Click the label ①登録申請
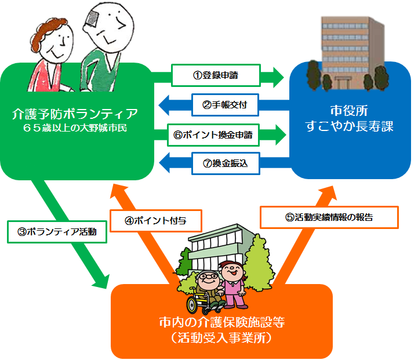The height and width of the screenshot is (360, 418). [215, 75]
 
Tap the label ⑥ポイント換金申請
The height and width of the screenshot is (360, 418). [215, 134]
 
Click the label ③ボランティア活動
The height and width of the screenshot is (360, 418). [57, 232]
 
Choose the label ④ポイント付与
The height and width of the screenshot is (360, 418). [155, 220]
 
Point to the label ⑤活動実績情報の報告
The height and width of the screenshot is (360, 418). [329, 217]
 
